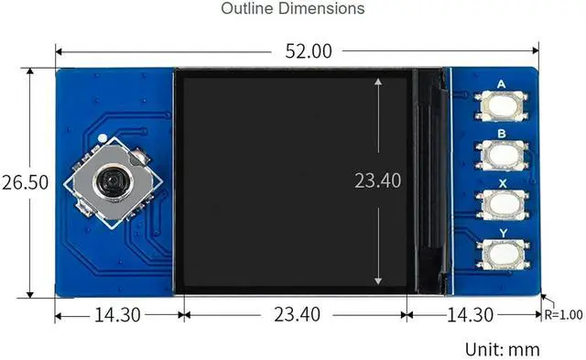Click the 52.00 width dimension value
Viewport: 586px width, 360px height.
(x=309, y=51)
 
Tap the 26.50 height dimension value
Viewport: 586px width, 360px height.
(x=25, y=182)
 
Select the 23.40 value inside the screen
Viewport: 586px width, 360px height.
(x=377, y=180)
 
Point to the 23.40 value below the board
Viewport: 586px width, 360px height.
(x=297, y=314)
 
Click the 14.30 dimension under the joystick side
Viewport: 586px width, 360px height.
(x=117, y=315)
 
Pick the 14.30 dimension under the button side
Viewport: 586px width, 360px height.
(x=470, y=315)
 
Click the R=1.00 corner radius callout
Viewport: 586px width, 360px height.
(x=563, y=315)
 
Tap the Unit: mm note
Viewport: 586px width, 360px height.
(x=503, y=350)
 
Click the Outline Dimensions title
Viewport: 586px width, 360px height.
(x=293, y=8)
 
